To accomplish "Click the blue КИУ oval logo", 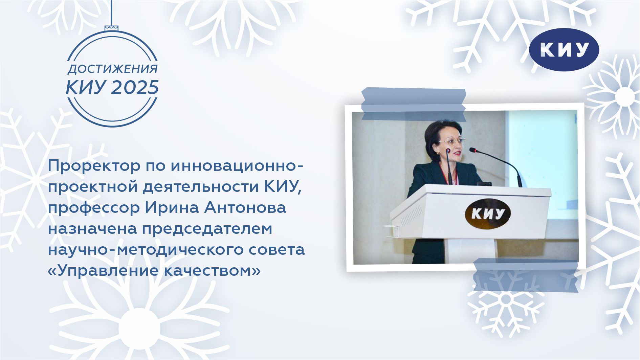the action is pyautogui.click(x=564, y=50).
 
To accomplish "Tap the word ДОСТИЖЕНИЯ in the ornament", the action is pyautogui.click(x=113, y=69).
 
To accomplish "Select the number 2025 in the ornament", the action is pyautogui.click(x=135, y=87).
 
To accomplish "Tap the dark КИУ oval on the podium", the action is pyautogui.click(x=487, y=213).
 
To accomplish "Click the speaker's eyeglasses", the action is pyautogui.click(x=451, y=141).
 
